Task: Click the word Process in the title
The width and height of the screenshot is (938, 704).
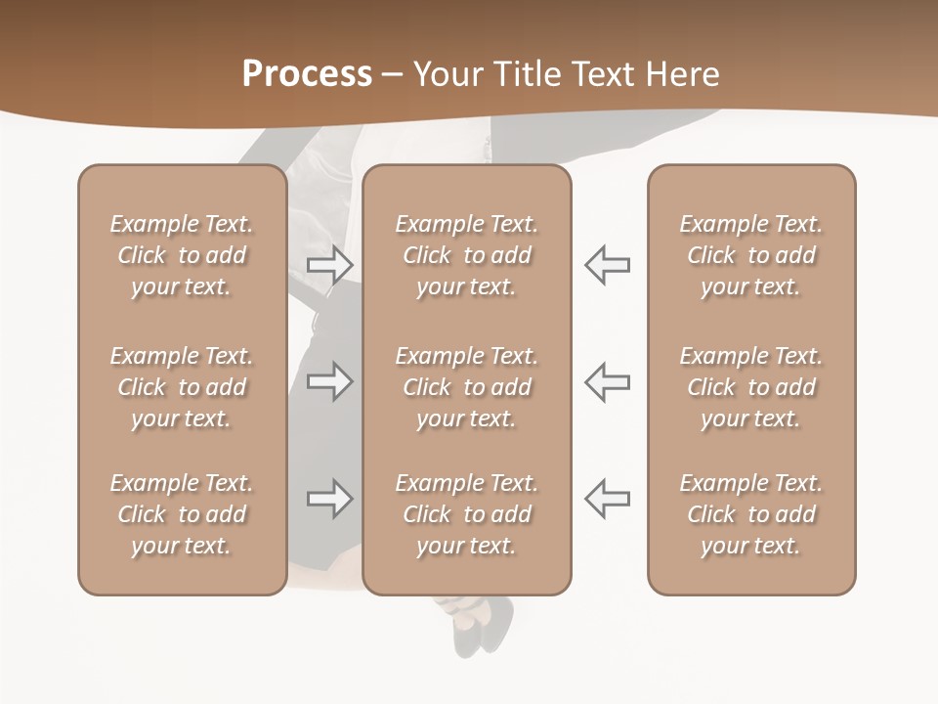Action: coord(307,74)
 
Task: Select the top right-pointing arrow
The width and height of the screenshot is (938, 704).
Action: coord(329,265)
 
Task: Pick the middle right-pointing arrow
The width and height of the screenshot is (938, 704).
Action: coord(329,381)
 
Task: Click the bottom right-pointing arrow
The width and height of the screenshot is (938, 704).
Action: coord(329,499)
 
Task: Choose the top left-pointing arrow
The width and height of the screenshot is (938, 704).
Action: coord(607,265)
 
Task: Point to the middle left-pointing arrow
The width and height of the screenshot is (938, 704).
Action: coord(607,381)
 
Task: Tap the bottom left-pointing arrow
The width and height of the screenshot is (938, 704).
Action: coord(607,499)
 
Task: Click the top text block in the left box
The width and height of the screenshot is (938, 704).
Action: coord(182,255)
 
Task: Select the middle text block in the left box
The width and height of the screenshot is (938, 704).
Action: coord(182,387)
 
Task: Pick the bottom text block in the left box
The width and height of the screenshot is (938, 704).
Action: coord(182,514)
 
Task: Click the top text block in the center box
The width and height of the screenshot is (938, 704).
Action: coord(466,255)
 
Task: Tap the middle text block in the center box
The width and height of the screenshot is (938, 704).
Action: coord(466,387)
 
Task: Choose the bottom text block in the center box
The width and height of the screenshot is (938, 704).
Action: coord(466,514)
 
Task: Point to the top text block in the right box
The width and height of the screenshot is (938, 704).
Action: coord(750,255)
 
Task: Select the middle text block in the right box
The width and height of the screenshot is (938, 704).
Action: coord(750,387)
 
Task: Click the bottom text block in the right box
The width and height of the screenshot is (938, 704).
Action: coord(750,514)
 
